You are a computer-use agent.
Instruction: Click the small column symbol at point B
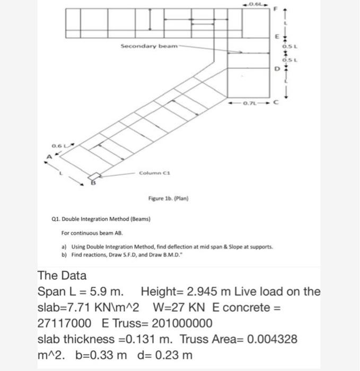94,176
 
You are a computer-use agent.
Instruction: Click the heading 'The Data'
62,276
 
